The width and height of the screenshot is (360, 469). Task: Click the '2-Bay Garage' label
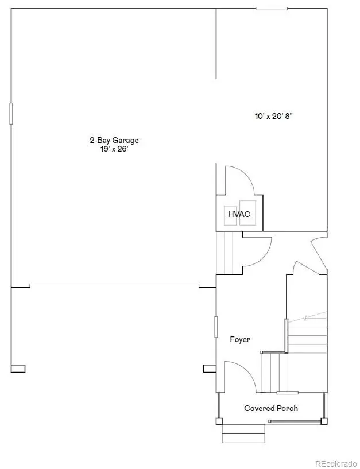114,140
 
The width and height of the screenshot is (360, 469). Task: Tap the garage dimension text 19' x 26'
114,149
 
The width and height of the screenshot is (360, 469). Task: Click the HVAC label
239,214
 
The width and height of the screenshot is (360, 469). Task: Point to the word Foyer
240,339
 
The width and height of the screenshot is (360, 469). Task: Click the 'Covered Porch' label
271,408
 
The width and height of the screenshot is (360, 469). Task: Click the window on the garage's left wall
11,113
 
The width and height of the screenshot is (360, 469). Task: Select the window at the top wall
272,8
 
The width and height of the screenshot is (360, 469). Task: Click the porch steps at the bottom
243,433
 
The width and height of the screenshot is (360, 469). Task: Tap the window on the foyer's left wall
216,327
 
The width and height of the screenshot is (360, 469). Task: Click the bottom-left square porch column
219,421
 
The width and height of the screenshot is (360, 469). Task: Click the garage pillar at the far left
18,369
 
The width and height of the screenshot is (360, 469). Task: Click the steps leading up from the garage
223,253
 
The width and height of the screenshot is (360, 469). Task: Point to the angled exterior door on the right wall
319,253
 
